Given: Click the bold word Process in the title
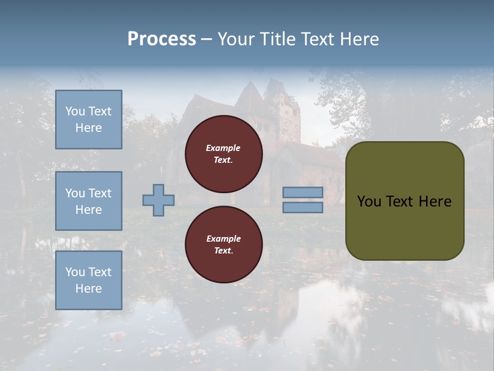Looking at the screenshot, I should pos(162,39).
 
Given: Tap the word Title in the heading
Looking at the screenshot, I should pos(279,39).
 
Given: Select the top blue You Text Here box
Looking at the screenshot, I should pos(89,120).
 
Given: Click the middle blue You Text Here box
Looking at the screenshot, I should pos(89,201).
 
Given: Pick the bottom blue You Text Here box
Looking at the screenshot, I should pos(89,280).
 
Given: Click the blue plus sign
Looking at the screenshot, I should pos(158,200).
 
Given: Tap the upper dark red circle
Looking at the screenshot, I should pos(223,154).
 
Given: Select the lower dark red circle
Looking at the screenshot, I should pos(223,245).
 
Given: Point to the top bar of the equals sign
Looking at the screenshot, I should pos(303,193).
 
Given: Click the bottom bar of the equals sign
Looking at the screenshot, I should pos(303,208).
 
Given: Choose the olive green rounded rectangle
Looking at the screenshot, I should pos(404,201).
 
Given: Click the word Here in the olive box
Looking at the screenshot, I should pos(435,201).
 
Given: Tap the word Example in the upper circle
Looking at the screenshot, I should pos(223,148).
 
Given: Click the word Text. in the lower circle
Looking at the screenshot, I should pos(223,251).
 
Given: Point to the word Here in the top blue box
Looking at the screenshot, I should pos(89,128).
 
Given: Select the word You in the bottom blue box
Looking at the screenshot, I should pos(75,272).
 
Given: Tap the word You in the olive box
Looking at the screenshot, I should pos(369,201).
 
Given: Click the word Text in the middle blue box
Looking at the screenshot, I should pos(99,193).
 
